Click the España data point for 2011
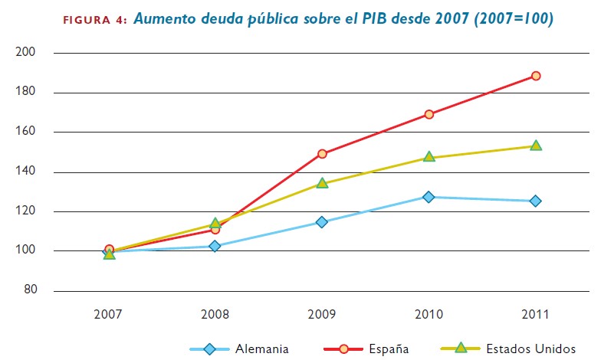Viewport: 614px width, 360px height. [x=536, y=76]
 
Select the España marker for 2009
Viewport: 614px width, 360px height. [x=322, y=153]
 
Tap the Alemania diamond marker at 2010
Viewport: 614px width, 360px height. [x=428, y=197]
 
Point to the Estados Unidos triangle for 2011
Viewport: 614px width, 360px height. [x=536, y=146]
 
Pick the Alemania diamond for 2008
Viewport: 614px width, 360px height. [x=215, y=246]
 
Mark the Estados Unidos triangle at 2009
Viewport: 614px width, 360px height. [x=322, y=183]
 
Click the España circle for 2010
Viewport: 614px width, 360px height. [x=428, y=114]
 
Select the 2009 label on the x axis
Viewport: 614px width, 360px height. [x=322, y=315]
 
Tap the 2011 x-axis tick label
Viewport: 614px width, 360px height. [x=536, y=315]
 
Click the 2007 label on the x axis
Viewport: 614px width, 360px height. [x=109, y=315]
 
